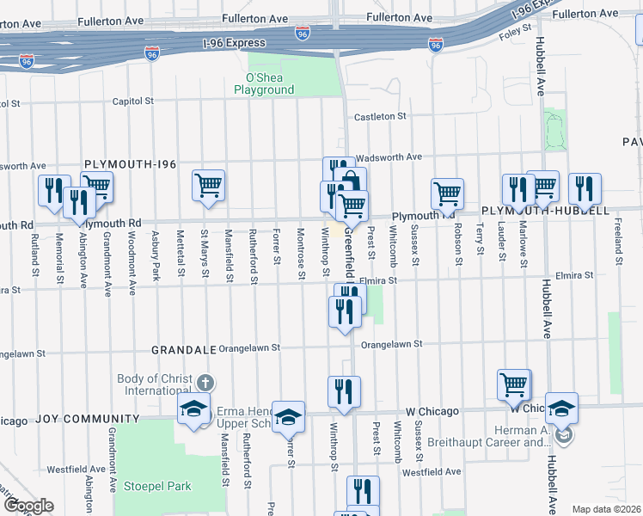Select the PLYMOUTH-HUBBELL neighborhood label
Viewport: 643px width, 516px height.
[x=545, y=211]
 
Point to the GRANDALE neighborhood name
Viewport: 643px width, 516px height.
[x=181, y=350]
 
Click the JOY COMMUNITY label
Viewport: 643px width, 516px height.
[x=88, y=419]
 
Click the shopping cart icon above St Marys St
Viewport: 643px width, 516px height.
[x=208, y=185]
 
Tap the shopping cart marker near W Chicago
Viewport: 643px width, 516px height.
[x=514, y=385]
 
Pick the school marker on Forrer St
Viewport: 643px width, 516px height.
[x=289, y=417]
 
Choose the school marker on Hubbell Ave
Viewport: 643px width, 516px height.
[x=562, y=408]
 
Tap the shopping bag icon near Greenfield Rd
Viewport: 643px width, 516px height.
[x=351, y=182]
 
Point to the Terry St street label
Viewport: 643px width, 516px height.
[x=479, y=244]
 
